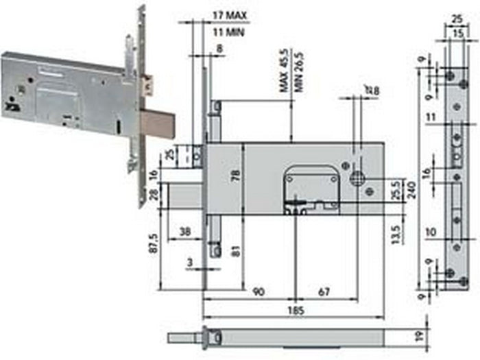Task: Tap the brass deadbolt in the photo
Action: tap(158, 125)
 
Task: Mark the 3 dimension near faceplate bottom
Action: tap(189, 261)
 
